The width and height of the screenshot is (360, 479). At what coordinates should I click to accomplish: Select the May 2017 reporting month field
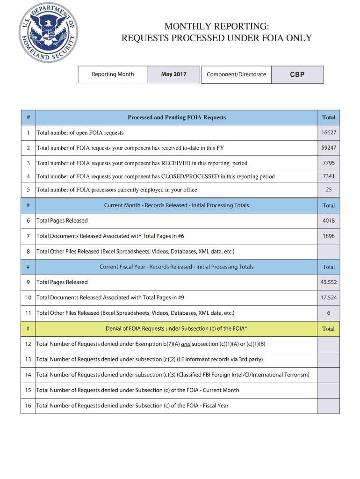(x=173, y=74)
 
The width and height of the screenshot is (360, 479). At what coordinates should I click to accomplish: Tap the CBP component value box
(x=297, y=74)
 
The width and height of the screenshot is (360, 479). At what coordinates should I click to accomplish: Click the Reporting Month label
(x=113, y=74)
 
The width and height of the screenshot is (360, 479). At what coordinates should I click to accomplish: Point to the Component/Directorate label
(x=236, y=74)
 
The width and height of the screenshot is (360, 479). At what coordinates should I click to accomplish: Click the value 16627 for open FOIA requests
(x=328, y=133)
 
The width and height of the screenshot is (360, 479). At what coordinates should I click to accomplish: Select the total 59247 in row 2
(x=328, y=148)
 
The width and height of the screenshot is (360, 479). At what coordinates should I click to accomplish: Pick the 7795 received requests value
(x=328, y=163)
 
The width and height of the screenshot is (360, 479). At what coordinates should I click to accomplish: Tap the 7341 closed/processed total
(x=328, y=176)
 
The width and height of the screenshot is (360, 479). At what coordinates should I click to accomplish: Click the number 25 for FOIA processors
(x=328, y=190)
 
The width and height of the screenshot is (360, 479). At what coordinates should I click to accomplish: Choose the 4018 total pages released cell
(x=328, y=221)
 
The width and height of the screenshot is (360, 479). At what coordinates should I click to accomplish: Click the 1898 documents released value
(x=328, y=236)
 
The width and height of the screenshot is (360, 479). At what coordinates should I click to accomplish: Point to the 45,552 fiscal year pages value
(x=328, y=282)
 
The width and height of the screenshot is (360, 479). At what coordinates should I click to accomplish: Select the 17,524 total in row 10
(x=328, y=298)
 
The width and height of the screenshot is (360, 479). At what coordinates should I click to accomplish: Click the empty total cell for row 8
(x=328, y=252)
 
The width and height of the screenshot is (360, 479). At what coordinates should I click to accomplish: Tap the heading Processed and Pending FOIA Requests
(x=176, y=117)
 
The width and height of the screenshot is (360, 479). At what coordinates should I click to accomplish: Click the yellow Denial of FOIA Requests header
(x=176, y=328)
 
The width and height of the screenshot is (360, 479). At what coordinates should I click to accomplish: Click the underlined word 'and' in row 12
(x=186, y=344)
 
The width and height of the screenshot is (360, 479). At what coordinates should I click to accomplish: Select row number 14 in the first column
(x=28, y=375)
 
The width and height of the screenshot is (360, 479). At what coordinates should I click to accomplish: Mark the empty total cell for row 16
(x=328, y=406)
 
